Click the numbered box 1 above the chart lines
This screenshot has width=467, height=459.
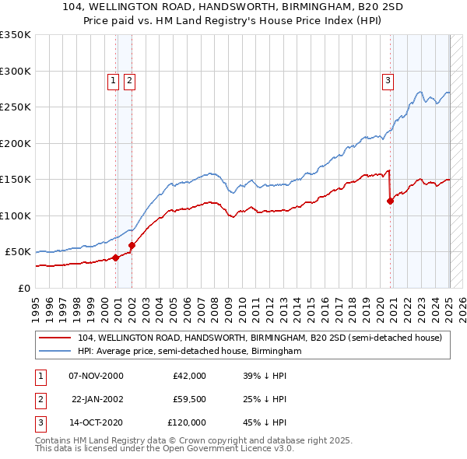(x=113, y=79)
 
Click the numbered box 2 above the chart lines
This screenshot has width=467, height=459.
(x=129, y=79)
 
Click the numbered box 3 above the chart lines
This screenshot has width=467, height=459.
(x=388, y=79)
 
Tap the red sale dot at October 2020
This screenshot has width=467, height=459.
(x=391, y=201)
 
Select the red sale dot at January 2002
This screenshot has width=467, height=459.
(x=132, y=245)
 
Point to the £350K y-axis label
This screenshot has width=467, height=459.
(x=16, y=35)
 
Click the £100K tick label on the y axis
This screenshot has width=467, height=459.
(x=16, y=215)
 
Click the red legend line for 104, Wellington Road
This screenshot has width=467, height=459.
(x=54, y=338)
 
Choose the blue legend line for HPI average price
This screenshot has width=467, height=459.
(x=54, y=351)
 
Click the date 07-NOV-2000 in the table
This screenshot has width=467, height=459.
(x=96, y=376)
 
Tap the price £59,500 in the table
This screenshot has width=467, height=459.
(x=189, y=399)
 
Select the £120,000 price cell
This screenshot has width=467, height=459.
(x=187, y=422)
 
